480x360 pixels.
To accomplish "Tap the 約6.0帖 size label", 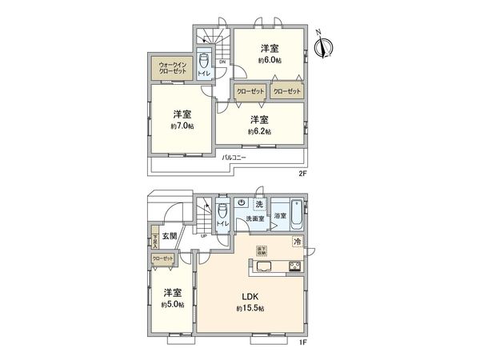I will point(269,60).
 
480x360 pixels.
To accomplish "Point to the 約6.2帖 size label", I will point(259,130).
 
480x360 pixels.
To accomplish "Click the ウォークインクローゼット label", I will point(172,68).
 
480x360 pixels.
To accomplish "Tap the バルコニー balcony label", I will point(235,158).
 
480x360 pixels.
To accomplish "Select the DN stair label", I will point(222,62).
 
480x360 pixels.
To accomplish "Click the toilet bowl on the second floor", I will point(204,62).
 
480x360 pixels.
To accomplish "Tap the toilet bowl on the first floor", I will point(222,214).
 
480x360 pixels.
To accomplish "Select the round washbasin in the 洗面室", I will point(242,203).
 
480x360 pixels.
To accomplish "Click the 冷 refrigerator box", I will point(297,241).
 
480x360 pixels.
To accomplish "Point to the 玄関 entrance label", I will point(169,236).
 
